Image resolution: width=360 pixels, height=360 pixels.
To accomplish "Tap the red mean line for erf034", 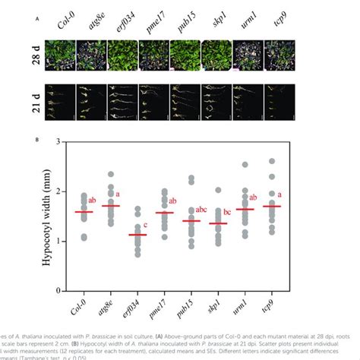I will click(x=137, y=235).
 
